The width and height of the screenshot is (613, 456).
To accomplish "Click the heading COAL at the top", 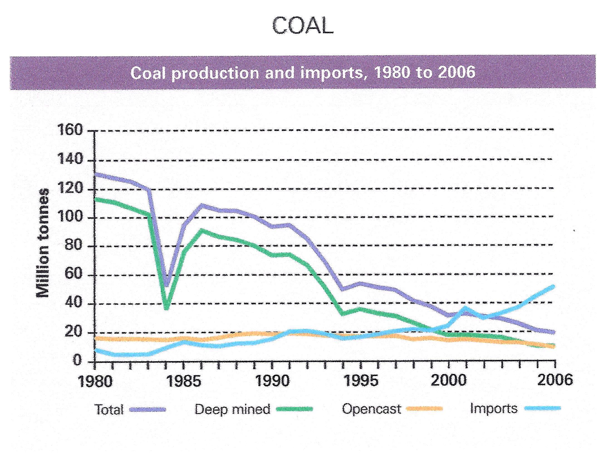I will pos(303,26).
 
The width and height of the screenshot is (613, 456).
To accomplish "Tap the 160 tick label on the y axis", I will pos(70,130).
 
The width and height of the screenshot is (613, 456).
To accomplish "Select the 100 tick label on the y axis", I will pos(70,217).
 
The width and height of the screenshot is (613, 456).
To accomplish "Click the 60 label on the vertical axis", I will pos(74,274).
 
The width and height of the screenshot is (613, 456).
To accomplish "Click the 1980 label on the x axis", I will pos(95,381).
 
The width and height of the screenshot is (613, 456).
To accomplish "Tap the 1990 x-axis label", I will pos(272,381).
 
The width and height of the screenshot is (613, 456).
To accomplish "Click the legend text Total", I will pos(109,410).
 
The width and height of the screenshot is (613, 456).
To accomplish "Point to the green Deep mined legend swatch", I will pos(295,409).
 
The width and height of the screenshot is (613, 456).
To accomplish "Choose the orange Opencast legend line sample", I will pos(424,409).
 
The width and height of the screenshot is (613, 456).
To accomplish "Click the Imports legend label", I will pos(494,409).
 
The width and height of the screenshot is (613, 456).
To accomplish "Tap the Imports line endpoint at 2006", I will pos(553,287).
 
